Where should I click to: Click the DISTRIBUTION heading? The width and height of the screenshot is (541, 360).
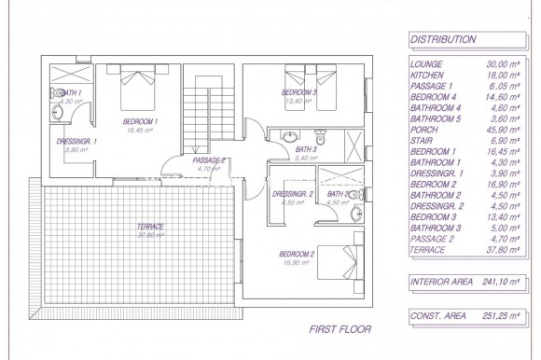(443, 40)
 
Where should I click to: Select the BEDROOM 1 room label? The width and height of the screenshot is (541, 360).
(141, 122)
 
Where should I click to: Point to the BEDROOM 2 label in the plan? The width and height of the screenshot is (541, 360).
(298, 255)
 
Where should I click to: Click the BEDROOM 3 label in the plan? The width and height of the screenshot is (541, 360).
(299, 93)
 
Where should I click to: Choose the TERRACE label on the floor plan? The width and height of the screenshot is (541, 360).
(149, 227)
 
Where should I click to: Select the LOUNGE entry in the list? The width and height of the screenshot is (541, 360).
(426, 63)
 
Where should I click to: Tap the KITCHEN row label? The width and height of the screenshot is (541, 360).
(428, 74)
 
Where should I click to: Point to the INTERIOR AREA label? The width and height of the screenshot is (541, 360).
(440, 281)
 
